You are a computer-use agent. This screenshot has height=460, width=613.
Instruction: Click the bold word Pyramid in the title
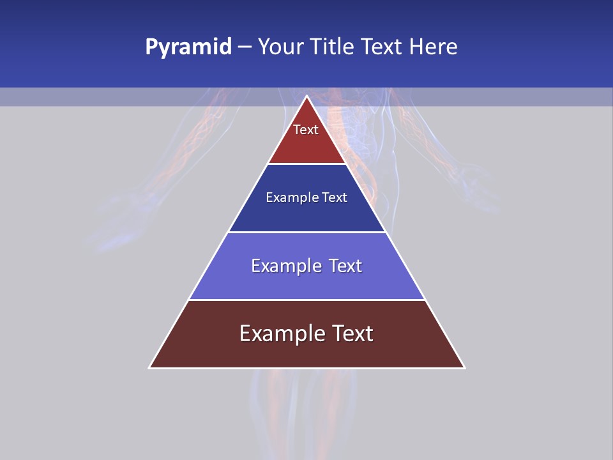click(x=188, y=47)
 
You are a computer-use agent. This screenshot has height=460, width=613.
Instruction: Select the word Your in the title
click(x=280, y=47)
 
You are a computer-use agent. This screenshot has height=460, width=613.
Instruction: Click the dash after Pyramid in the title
click(x=245, y=47)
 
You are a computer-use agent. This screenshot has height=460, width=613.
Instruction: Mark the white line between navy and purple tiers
click(x=306, y=232)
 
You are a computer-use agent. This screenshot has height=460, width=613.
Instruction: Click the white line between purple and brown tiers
click(x=306, y=300)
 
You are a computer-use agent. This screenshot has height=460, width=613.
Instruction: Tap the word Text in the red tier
click(x=306, y=130)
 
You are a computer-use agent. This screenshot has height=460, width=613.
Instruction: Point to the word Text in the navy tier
click(x=335, y=197)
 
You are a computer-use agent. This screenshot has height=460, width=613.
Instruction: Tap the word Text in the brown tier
click(x=351, y=333)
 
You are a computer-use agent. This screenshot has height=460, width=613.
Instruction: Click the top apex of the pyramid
click(x=307, y=96)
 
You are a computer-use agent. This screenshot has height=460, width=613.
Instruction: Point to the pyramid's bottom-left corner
click(x=149, y=367)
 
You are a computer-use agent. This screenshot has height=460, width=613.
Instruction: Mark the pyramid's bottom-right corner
click(x=464, y=367)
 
